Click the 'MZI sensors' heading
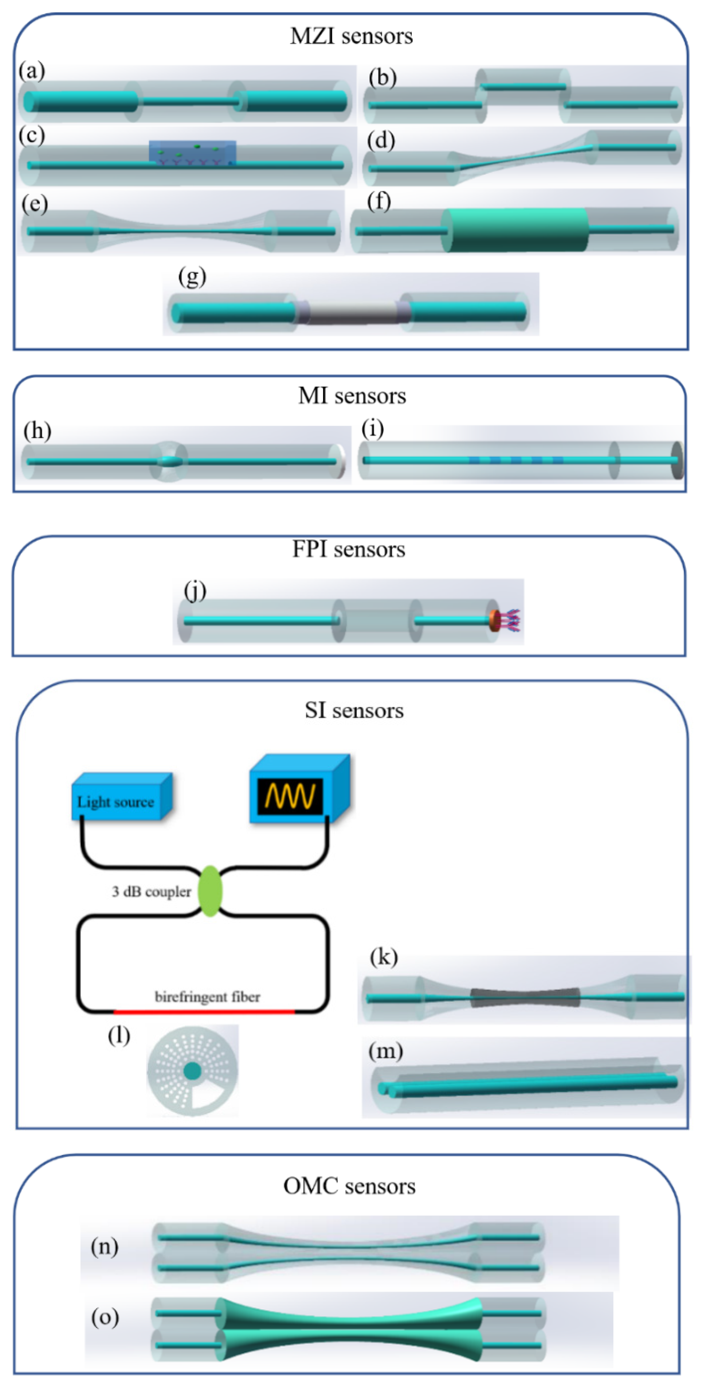coord(351,36)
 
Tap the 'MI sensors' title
coord(352,396)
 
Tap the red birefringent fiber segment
coord(205,1012)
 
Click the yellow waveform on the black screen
coord(290,796)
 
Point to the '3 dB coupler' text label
coord(151,892)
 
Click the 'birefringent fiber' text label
coord(207,997)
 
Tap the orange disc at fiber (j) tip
coord(494,620)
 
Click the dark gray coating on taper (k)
coord(525,997)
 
